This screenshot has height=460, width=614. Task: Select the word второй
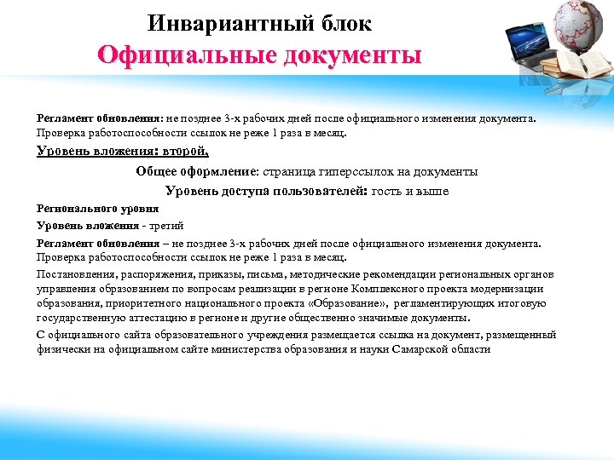coord(186,152)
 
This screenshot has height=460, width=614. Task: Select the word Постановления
coord(72,274)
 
